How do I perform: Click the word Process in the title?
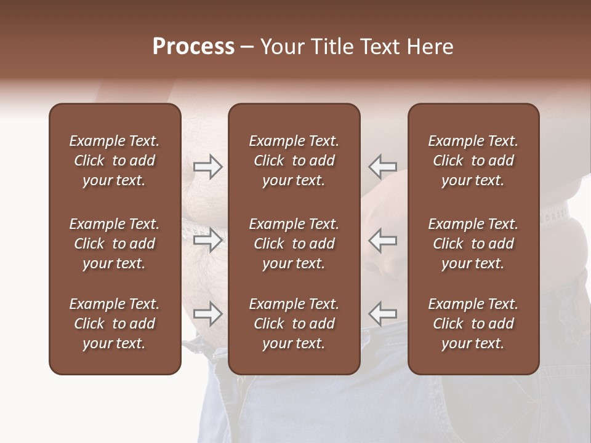click(193, 47)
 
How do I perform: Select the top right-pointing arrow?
click(207, 167)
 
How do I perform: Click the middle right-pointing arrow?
click(207, 239)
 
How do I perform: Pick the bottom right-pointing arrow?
click(207, 314)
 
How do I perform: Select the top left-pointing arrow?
click(382, 167)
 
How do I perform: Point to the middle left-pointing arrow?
click(382, 239)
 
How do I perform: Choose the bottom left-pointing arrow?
click(382, 314)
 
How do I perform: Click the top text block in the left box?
click(115, 161)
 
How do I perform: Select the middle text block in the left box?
click(115, 244)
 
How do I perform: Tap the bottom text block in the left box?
click(115, 324)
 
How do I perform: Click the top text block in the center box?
click(294, 161)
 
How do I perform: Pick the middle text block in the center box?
click(294, 244)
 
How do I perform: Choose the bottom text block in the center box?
click(294, 324)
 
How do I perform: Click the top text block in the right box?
click(473, 161)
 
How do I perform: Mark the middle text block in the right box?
click(473, 244)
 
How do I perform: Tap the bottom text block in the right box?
click(473, 324)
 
